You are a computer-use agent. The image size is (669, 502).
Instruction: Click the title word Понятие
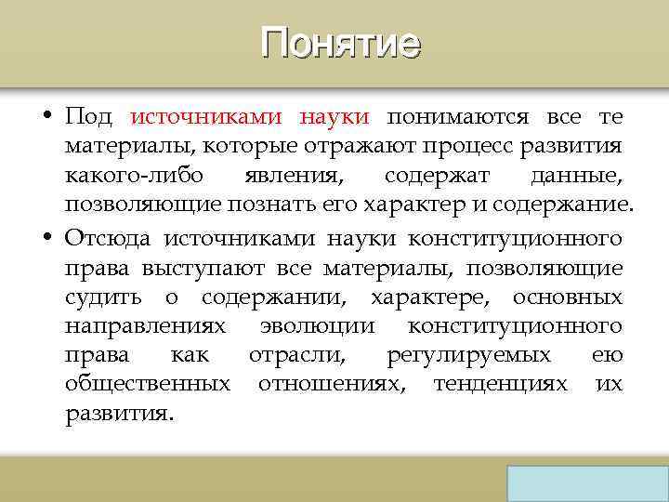[x=340, y=43]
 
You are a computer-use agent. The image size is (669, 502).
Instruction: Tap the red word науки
[x=334, y=117]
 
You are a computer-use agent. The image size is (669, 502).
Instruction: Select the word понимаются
[x=458, y=117]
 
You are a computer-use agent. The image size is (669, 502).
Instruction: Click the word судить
[x=103, y=297]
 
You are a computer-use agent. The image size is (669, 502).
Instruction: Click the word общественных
[x=149, y=385]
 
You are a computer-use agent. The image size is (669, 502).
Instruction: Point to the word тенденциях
[x=500, y=385]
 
